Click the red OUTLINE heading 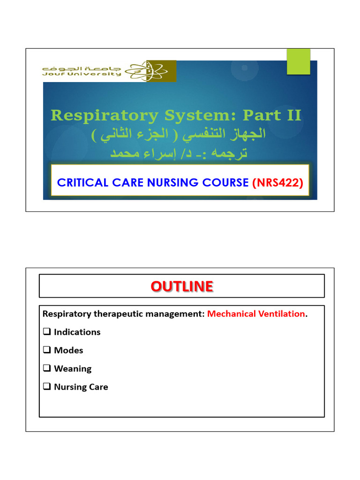(x=182, y=286)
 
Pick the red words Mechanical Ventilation (x=256, y=314)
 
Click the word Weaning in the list (x=73, y=368)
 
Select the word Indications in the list (x=77, y=332)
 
